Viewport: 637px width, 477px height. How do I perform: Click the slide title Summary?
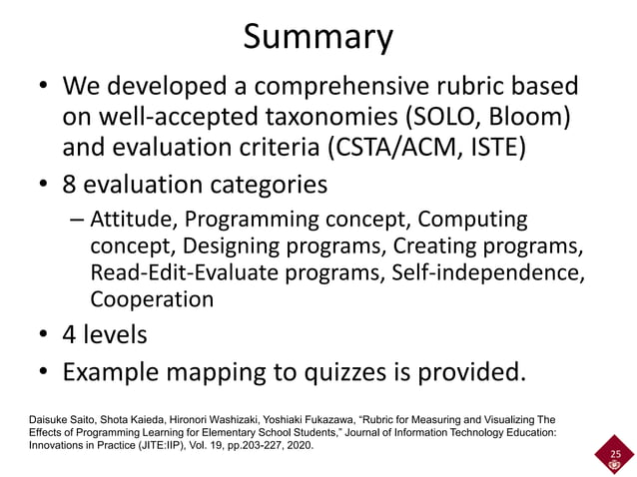point(318,37)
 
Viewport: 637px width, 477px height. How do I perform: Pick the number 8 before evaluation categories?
point(70,186)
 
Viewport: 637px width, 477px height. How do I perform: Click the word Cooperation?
point(152,298)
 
